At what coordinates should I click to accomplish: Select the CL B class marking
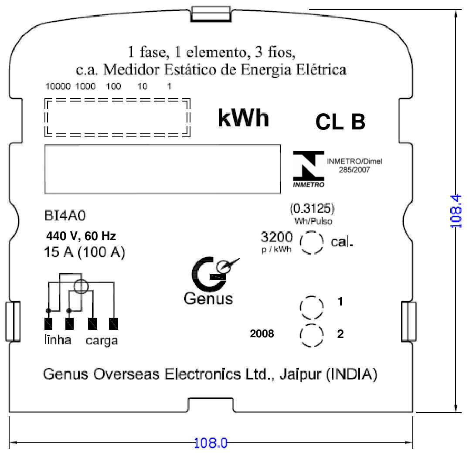340,122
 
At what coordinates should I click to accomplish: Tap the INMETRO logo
309,169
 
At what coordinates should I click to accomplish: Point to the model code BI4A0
65,215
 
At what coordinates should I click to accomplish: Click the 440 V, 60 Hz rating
81,236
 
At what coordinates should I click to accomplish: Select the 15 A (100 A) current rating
85,252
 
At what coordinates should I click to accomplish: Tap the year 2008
262,333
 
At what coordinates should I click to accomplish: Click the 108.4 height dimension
456,211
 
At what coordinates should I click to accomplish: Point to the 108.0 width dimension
211,443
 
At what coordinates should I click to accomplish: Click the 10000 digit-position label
58,86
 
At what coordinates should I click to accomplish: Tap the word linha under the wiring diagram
58,340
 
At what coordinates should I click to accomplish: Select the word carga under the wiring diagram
102,341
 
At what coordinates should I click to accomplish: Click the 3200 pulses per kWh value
276,237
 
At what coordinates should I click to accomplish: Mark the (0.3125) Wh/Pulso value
312,208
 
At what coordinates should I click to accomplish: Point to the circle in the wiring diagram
82,279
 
